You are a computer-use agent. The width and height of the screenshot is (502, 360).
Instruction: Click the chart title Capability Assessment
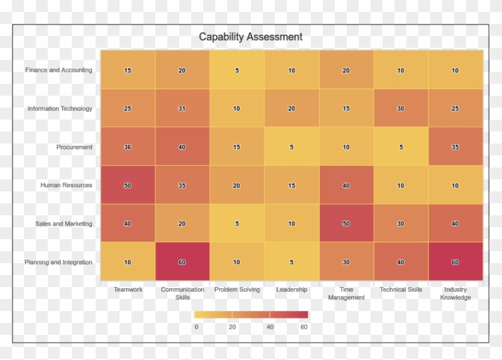[x=250, y=37]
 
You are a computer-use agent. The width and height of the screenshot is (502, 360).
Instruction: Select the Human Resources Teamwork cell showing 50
[x=127, y=185]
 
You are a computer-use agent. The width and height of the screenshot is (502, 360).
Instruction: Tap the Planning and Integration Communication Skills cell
[x=182, y=262]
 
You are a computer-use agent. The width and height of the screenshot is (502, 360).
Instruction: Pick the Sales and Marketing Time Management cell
[x=346, y=224]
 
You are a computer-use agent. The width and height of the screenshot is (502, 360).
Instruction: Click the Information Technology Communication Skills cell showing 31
[x=182, y=108]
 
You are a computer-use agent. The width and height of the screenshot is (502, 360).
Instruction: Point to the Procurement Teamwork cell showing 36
[x=127, y=147]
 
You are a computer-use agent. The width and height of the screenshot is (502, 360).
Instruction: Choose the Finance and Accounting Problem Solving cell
[x=237, y=70]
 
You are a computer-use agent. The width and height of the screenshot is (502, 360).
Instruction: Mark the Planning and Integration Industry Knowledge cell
[x=455, y=262]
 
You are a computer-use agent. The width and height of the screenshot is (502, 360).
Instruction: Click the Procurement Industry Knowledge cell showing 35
[x=455, y=147]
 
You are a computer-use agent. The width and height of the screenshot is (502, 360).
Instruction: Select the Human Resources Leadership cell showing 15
[x=292, y=185]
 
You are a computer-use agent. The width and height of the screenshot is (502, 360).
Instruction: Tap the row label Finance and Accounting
[x=59, y=70]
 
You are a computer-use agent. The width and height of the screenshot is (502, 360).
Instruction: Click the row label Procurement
[x=75, y=147]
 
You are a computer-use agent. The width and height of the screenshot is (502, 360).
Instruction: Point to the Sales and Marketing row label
[x=64, y=224]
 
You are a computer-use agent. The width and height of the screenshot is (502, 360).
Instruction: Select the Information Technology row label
[x=60, y=109]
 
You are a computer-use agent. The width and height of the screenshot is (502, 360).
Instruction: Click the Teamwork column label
[x=128, y=289]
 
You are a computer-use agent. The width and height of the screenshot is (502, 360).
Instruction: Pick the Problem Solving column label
[x=237, y=289]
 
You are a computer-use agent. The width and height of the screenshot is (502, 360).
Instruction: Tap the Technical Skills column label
[x=401, y=289]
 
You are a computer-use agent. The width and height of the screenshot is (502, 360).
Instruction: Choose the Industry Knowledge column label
[x=455, y=293]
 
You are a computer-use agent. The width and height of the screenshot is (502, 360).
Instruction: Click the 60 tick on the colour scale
[x=304, y=327]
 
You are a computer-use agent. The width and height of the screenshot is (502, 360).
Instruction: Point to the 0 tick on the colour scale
[x=196, y=327]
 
